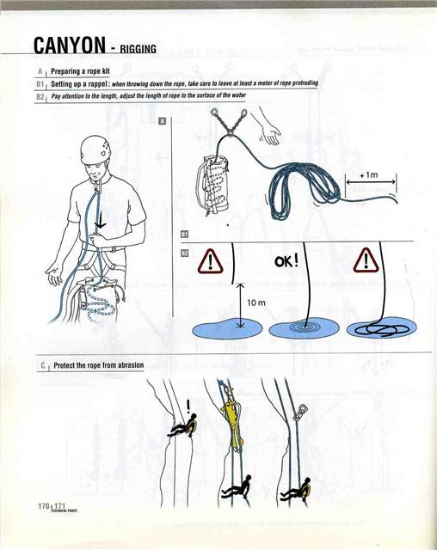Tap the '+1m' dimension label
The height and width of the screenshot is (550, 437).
370,174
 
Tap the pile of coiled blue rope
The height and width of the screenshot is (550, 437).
297,185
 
